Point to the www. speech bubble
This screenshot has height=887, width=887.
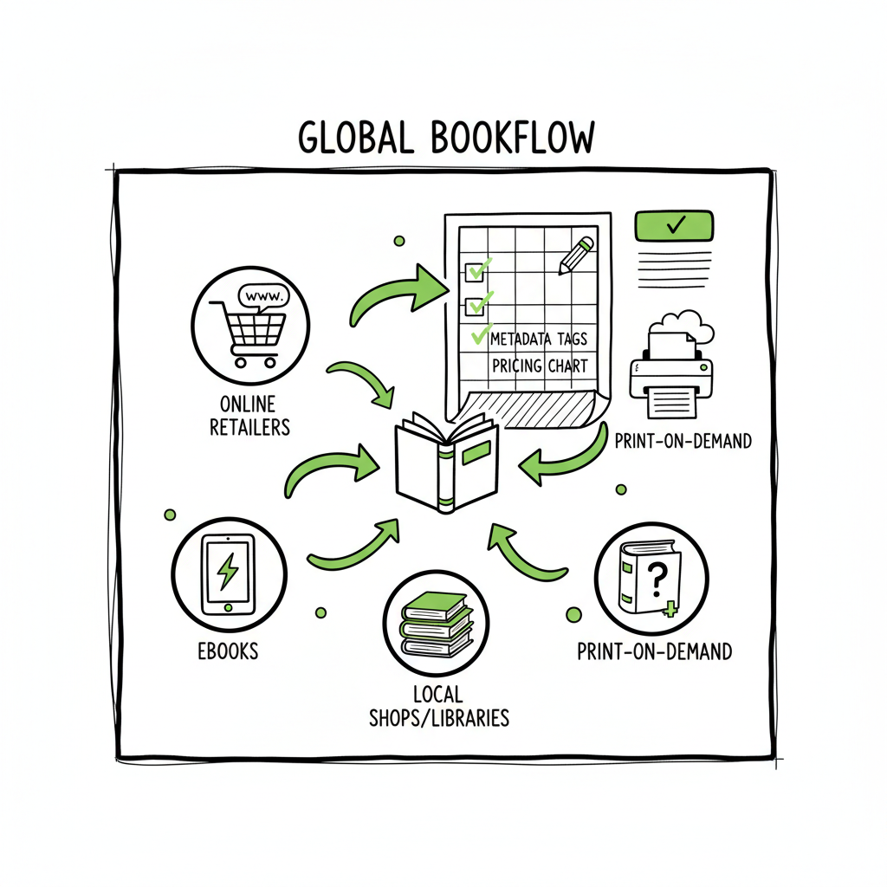coord(263,295)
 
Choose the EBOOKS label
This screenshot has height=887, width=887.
coord(226,650)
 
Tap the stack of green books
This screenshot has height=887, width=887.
coord(436,622)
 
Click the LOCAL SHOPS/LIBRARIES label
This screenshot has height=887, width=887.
coord(439,705)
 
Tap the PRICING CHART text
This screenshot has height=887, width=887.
coord(539,366)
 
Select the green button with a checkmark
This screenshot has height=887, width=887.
coord(674,225)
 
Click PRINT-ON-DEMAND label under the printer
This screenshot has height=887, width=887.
coord(683,442)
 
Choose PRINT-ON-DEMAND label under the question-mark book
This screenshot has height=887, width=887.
coord(654,650)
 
